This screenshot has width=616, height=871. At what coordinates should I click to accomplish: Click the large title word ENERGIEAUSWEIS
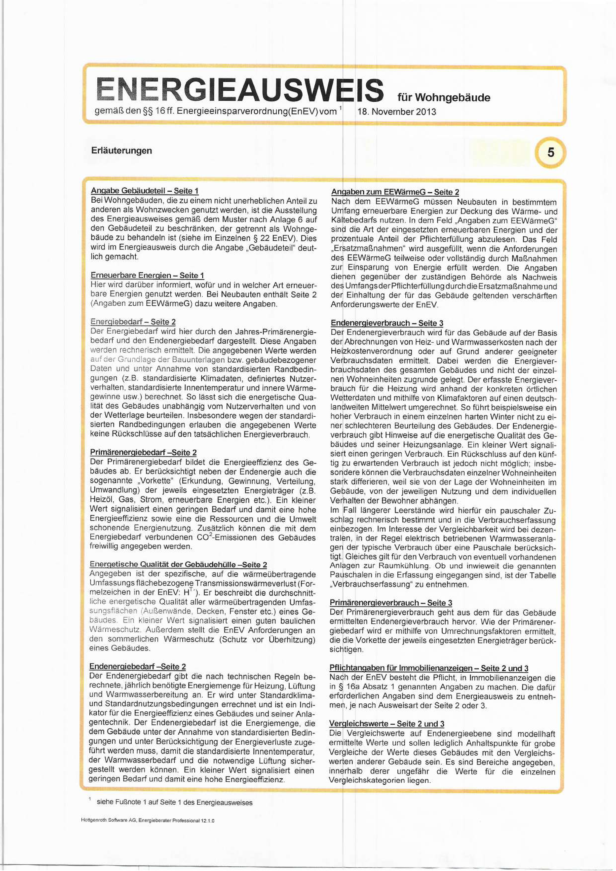[x=239, y=90]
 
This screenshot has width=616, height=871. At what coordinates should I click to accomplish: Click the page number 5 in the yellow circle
[x=550, y=152]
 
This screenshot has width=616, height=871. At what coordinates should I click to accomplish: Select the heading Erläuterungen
[x=121, y=151]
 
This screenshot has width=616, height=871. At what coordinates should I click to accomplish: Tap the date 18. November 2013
[x=397, y=112]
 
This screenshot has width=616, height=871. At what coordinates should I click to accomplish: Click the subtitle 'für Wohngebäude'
[x=444, y=98]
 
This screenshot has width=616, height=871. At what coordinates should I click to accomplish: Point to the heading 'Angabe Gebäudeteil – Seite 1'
[x=145, y=191]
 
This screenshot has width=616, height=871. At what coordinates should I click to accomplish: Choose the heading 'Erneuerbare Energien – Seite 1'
[x=147, y=275]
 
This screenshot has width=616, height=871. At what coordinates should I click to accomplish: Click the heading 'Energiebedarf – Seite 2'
[x=133, y=322]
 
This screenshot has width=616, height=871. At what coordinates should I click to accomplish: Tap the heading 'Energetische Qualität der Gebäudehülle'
[x=178, y=564]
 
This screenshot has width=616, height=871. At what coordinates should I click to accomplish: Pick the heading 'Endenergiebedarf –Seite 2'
[x=137, y=666]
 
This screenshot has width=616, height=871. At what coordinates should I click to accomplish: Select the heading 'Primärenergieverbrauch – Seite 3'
[x=391, y=603]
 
